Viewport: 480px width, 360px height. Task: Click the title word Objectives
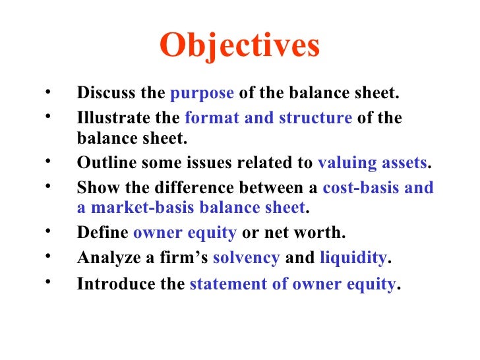pyautogui.click(x=239, y=45)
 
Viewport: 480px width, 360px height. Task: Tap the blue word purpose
pyautogui.click(x=202, y=94)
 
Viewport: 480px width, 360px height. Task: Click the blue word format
pyautogui.click(x=207, y=118)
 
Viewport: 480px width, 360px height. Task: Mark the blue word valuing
pyautogui.click(x=345, y=163)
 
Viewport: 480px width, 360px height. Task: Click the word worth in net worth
pyautogui.click(x=326, y=232)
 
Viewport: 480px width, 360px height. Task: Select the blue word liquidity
pyautogui.click(x=353, y=258)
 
